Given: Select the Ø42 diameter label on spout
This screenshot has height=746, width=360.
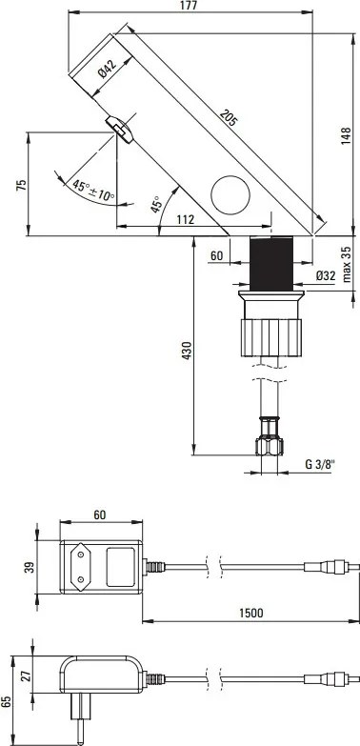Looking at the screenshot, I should click(107, 69).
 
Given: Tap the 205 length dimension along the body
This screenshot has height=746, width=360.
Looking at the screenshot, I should click(228, 119).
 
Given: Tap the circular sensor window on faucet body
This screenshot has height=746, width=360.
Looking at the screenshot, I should click(229, 195).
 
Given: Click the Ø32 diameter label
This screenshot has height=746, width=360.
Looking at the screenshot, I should click(324, 277).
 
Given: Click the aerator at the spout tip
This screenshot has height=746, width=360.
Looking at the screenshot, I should click(118, 128).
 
